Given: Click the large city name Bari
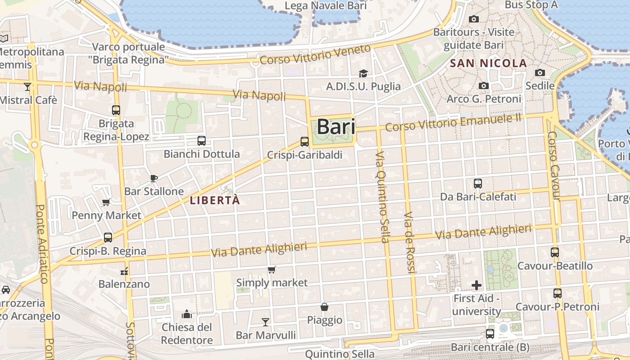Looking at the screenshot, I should [336, 127].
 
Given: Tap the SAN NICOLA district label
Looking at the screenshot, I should [488, 63].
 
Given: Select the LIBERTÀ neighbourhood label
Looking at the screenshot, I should [215, 200].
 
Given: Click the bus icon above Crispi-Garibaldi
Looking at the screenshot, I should [305, 142].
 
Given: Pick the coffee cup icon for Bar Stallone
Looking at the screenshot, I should [154, 178].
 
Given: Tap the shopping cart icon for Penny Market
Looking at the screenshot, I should [106, 202].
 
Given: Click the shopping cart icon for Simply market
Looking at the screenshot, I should [271, 270].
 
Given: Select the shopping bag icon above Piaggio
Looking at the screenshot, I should [324, 307].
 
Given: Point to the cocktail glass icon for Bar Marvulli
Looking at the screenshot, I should [265, 322].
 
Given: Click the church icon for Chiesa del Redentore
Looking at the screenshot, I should [186, 314].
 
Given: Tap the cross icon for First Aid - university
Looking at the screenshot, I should [477, 285].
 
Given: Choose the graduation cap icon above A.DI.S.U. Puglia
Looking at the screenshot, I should [363, 73].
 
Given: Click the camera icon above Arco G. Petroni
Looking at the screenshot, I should [484, 85].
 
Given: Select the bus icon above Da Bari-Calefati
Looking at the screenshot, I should [478, 184].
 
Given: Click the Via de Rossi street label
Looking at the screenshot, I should [409, 243].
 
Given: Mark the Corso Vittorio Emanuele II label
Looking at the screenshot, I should [453, 123].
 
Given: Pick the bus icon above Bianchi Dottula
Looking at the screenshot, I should [202, 141].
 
